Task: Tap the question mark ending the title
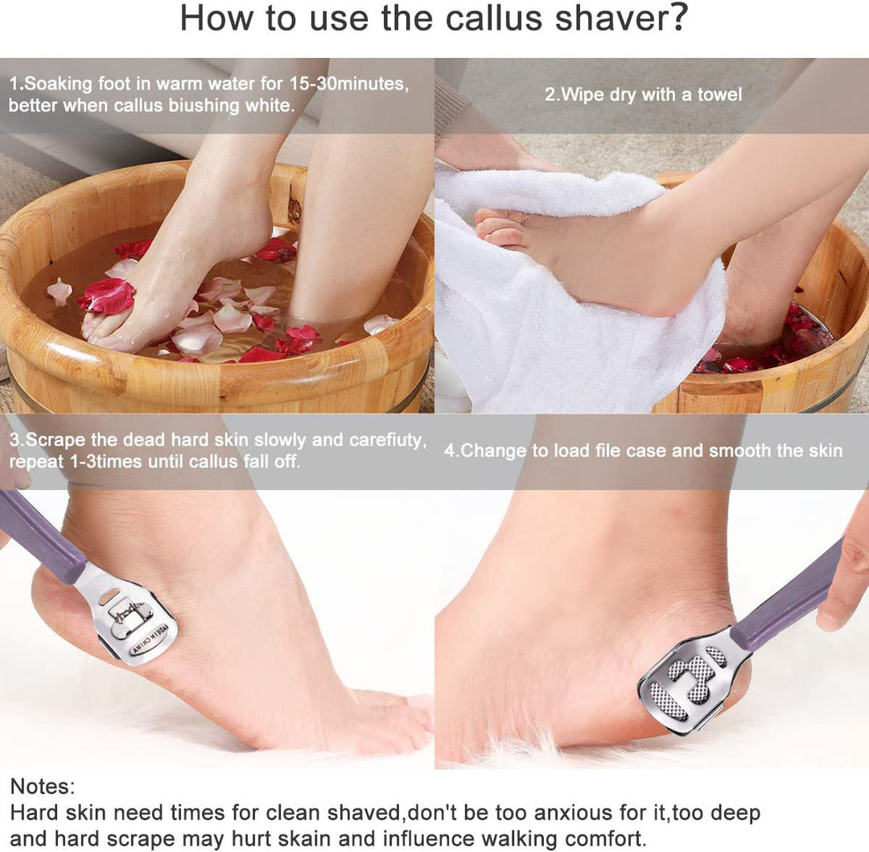(x=677, y=18)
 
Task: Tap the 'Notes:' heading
(x=43, y=786)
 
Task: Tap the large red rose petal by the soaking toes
(x=107, y=296)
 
